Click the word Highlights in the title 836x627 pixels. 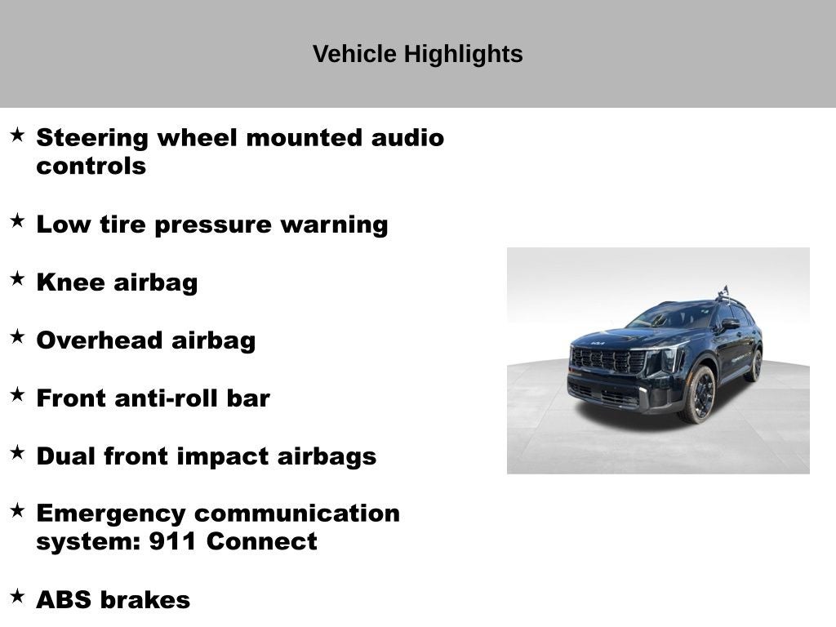coord(463,55)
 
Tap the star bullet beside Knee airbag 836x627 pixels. coord(17,279)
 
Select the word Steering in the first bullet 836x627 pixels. coord(92,138)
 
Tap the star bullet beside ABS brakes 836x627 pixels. coord(17,597)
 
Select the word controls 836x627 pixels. coord(91,167)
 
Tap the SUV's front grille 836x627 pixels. coord(608,359)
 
